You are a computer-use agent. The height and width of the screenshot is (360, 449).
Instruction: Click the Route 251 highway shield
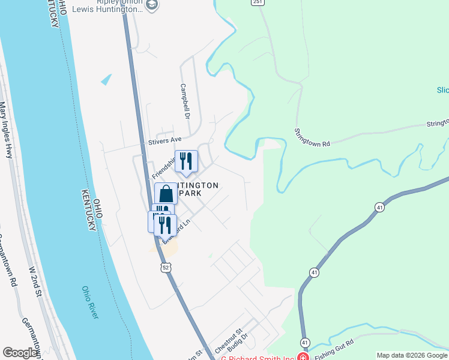pyautogui.click(x=257, y=3)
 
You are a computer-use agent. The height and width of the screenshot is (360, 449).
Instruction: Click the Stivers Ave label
pyautogui.click(x=164, y=141)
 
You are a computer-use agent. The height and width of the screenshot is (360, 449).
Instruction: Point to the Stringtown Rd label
pyautogui.click(x=312, y=137)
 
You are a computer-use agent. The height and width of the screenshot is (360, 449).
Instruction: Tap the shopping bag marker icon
pyautogui.click(x=166, y=194)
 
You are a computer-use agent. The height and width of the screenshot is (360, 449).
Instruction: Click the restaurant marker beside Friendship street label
pyautogui.click(x=186, y=161)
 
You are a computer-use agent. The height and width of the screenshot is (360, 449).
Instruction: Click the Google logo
pyautogui.click(x=20, y=353)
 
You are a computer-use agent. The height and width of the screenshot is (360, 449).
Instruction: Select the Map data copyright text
pyautogui.click(x=411, y=355)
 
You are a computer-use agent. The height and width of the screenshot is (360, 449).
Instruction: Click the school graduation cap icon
pyautogui.click(x=152, y=5)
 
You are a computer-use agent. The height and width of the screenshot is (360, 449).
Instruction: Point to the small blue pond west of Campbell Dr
pyautogui.click(x=107, y=79)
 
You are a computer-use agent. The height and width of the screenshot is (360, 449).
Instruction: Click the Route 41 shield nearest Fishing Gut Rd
pyautogui.click(x=306, y=341)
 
